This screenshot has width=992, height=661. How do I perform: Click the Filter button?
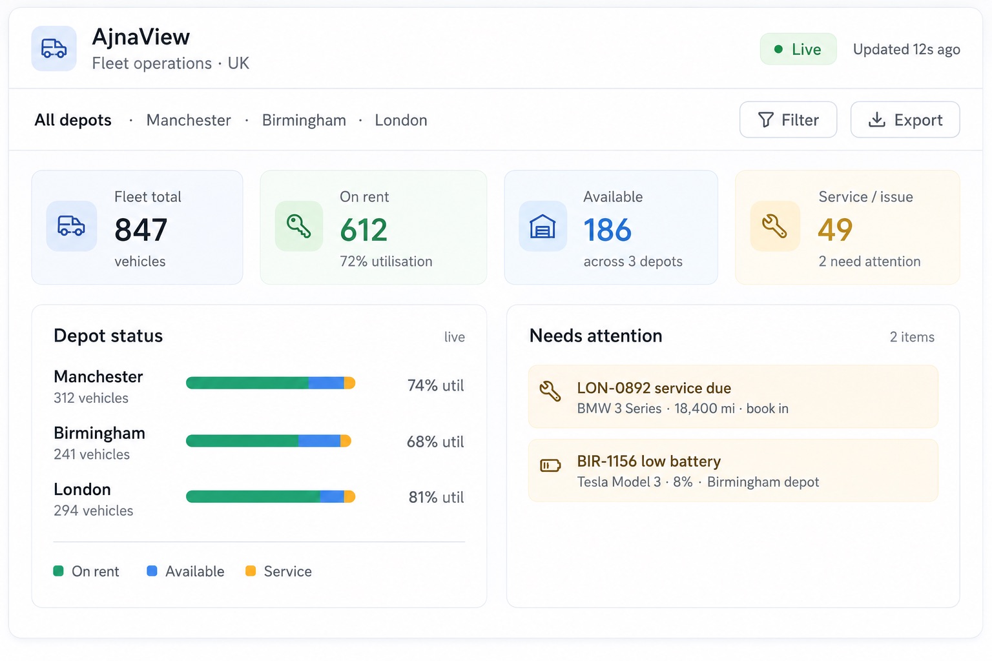788,119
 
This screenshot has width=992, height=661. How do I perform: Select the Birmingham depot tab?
304,120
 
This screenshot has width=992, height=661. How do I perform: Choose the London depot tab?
401,120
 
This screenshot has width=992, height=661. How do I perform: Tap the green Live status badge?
798,48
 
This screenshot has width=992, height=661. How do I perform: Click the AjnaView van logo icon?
54,48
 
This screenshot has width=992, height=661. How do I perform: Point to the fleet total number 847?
141,229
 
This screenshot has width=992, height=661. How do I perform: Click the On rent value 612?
364,229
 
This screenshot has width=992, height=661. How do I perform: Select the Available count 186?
607,229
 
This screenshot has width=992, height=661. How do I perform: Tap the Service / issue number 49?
835,229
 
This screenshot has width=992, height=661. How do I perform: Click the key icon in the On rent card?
299,226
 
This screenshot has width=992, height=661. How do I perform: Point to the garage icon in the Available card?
542,226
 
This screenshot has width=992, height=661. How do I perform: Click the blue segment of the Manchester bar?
326,383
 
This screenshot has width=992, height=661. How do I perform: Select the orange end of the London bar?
350,497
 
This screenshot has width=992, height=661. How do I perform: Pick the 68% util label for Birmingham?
435,442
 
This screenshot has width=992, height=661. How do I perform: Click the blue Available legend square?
152,571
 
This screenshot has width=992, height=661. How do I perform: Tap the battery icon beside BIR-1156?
550,465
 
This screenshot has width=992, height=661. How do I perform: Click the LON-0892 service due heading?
654,388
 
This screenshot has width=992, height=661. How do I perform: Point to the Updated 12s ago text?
907,49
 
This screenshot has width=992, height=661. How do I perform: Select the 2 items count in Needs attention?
913,337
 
